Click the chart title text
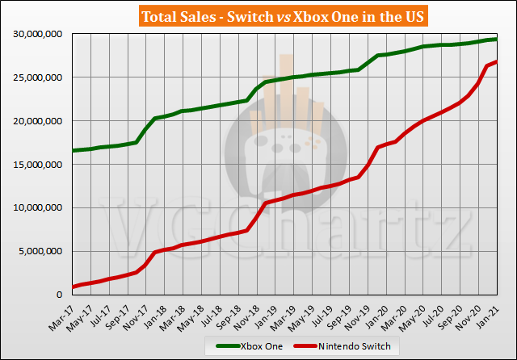258,15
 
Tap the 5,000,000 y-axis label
40,251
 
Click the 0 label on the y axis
64,295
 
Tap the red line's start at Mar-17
73,287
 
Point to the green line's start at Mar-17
73,150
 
